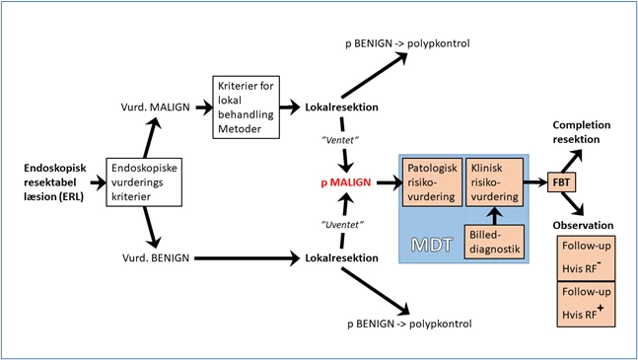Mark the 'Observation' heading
pyautogui.click(x=587, y=224)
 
